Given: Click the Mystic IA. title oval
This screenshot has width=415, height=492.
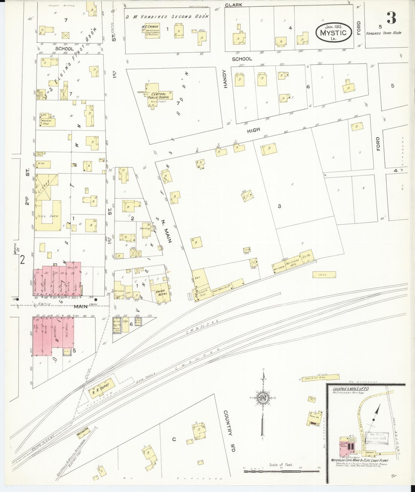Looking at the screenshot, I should (333, 32).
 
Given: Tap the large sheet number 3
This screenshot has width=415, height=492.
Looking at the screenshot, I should (391, 18).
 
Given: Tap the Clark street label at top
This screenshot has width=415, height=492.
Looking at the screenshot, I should (233, 5).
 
